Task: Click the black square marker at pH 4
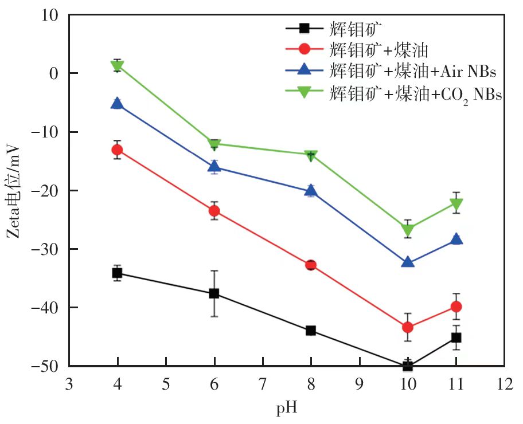118,273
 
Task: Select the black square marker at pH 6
214,293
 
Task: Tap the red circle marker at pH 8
311,265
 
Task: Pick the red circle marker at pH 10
408,327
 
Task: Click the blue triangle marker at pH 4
118,103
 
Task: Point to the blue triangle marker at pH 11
456,239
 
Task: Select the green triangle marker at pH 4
118,66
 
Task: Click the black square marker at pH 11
456,337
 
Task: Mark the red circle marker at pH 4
118,150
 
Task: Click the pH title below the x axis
286,409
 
